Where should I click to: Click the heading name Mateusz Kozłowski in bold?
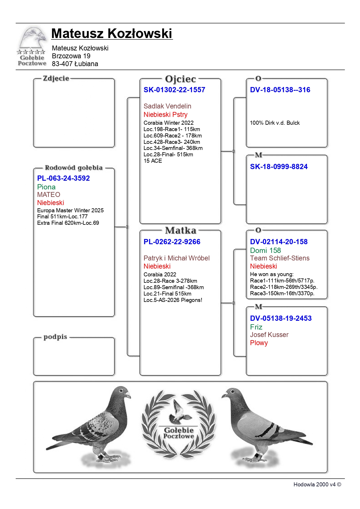coord(112,33)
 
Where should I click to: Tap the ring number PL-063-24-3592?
coord(63,178)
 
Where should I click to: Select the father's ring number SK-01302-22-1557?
coord(174,90)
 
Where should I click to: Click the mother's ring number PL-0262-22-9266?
coord(172,242)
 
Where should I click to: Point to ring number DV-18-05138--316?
coord(280,90)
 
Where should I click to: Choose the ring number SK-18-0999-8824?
coord(278,167)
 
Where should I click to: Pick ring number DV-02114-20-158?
coord(278,242)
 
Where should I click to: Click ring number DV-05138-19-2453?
coord(281,318)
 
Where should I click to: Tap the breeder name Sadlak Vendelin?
coord(167,106)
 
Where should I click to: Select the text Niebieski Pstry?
coord(165,115)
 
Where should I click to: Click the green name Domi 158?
coord(265,250)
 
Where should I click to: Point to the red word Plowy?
coord(259,343)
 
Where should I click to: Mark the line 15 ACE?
coord(153,161)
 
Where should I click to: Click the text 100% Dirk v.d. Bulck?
coord(274,123)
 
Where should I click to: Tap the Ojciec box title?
coord(180,79)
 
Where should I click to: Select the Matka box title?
coord(180,231)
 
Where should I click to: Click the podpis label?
coord(55,337)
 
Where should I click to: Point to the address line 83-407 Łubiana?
coord(75,64)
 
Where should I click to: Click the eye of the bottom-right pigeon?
coord(232,392)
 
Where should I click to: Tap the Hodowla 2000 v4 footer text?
coord(317,484)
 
